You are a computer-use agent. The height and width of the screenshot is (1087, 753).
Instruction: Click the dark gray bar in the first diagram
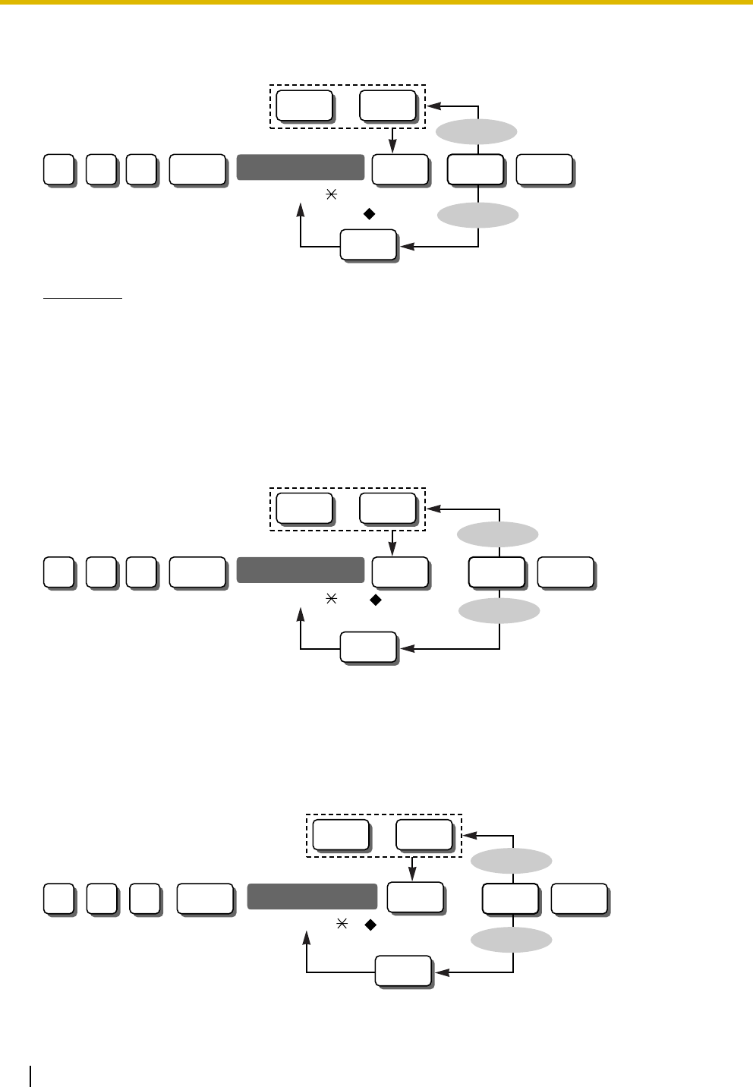[301, 167]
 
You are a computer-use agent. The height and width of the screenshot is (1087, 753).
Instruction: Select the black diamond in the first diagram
[370, 214]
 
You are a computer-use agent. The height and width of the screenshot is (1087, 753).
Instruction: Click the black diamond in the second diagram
[374, 600]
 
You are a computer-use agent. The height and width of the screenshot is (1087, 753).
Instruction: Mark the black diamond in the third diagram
[370, 925]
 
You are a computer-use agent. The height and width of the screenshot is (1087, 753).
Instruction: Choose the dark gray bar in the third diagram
[312, 896]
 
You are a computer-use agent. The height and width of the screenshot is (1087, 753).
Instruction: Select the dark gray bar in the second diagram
[301, 569]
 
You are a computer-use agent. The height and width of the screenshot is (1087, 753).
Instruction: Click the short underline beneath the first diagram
[83, 299]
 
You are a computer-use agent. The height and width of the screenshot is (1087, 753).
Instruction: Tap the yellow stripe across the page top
[376, 2]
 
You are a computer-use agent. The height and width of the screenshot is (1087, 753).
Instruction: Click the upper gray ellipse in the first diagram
[477, 133]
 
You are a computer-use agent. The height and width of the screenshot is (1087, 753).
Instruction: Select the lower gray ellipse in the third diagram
[512, 941]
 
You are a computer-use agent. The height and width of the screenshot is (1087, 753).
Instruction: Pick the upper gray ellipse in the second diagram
[498, 535]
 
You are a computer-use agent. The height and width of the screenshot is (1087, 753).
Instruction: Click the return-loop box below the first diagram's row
[367, 244]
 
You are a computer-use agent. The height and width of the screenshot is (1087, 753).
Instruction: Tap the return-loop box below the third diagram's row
[403, 971]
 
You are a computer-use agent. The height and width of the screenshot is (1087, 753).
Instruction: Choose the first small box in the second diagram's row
[58, 572]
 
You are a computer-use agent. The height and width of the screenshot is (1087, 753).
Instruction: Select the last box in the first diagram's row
[543, 169]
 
